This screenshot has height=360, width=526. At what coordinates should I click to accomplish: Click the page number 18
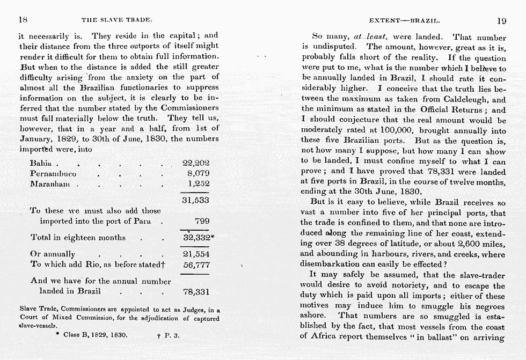coord(23,20)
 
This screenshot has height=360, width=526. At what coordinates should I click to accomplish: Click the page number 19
coord(501,21)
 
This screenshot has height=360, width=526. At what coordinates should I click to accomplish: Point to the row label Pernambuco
coord(53,174)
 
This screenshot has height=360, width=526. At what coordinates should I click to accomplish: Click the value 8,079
coord(198,174)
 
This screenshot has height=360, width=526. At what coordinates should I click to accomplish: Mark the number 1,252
coord(198,184)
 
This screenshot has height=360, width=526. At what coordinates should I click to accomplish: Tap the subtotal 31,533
coord(196,200)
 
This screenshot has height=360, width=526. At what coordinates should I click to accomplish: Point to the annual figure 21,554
coord(196,254)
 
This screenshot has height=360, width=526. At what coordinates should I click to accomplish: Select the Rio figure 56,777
coord(196,265)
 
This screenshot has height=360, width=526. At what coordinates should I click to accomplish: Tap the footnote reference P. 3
coord(171,334)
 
